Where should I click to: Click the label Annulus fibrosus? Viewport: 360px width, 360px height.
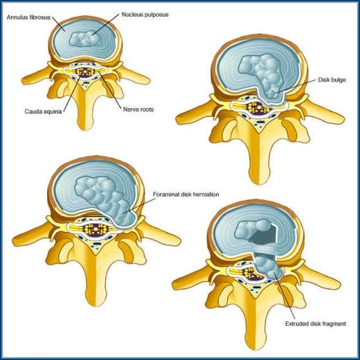click(x=28, y=17)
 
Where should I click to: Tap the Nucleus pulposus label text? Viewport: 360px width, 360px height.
click(x=145, y=15)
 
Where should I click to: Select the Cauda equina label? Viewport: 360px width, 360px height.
click(x=43, y=111)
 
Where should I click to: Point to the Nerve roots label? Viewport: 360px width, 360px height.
click(x=138, y=109)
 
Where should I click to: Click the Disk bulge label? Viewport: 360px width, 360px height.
click(x=332, y=80)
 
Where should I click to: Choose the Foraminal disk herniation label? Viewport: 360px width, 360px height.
click(x=186, y=195)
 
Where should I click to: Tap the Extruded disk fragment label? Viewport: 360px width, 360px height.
click(x=316, y=324)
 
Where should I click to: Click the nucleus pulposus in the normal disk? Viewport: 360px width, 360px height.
click(x=85, y=39)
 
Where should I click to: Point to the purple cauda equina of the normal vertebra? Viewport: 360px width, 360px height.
click(x=85, y=72)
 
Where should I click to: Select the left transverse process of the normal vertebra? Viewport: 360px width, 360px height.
click(x=37, y=76)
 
